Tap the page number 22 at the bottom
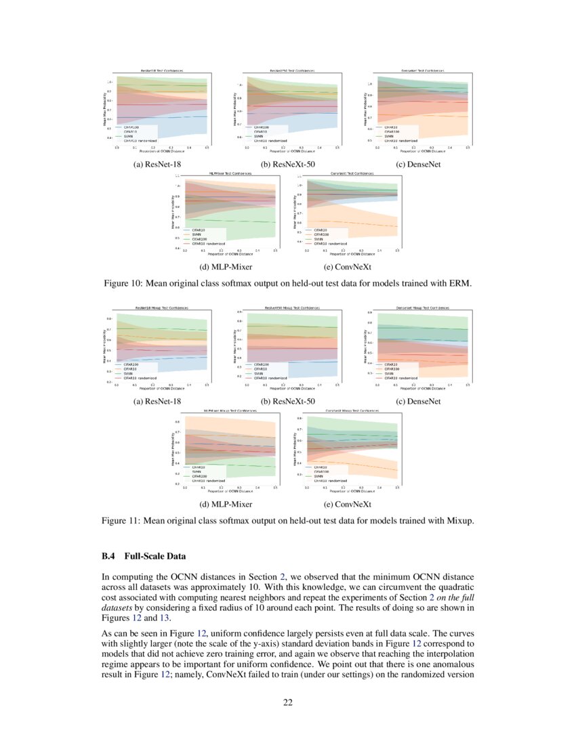pos(288,702)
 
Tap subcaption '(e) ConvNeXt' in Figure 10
pos(348,267)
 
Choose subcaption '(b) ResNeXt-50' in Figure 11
pos(288,402)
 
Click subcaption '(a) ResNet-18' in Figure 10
pos(158,163)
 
